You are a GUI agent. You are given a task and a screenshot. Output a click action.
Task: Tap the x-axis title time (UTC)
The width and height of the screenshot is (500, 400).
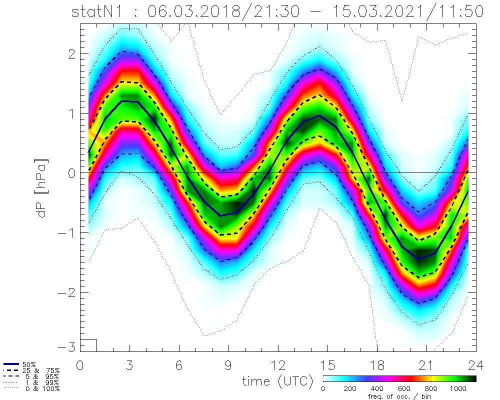tap(277, 381)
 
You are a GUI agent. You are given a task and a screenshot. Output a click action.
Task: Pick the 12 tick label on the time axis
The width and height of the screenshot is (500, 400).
tap(278, 364)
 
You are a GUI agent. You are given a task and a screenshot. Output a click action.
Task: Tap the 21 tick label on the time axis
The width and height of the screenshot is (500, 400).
tap(426, 364)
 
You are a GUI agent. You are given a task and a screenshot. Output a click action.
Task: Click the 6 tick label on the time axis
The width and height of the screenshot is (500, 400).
tap(179, 364)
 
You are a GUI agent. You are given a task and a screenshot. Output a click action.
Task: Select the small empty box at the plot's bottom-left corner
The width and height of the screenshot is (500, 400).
tap(88, 345)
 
